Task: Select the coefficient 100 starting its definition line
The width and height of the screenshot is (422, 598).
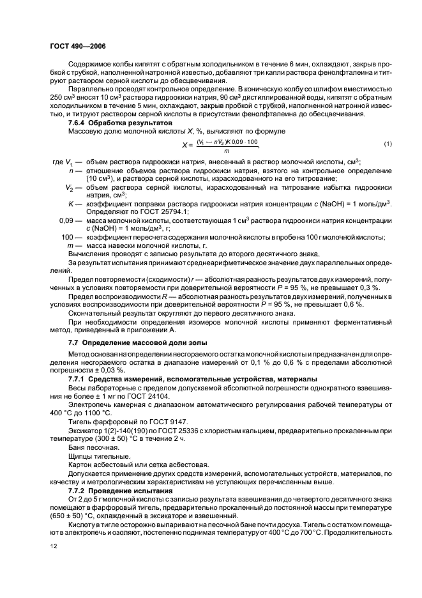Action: (x=68, y=237)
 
